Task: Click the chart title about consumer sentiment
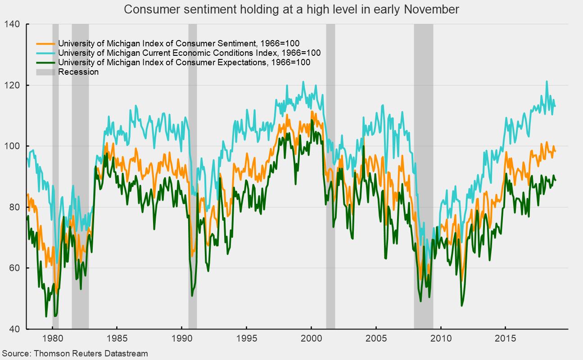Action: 291,9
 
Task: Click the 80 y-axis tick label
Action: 15,207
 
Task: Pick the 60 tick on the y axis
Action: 15,268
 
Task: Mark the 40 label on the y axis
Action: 15,329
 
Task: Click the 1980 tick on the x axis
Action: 52,337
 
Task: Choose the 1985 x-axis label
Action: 117,337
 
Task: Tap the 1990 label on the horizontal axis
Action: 182,337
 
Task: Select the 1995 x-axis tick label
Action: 246,337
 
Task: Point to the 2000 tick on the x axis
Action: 311,337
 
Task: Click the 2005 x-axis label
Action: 376,337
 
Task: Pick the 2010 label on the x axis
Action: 441,337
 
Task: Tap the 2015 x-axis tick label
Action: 505,337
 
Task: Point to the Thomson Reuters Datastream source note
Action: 74,354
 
